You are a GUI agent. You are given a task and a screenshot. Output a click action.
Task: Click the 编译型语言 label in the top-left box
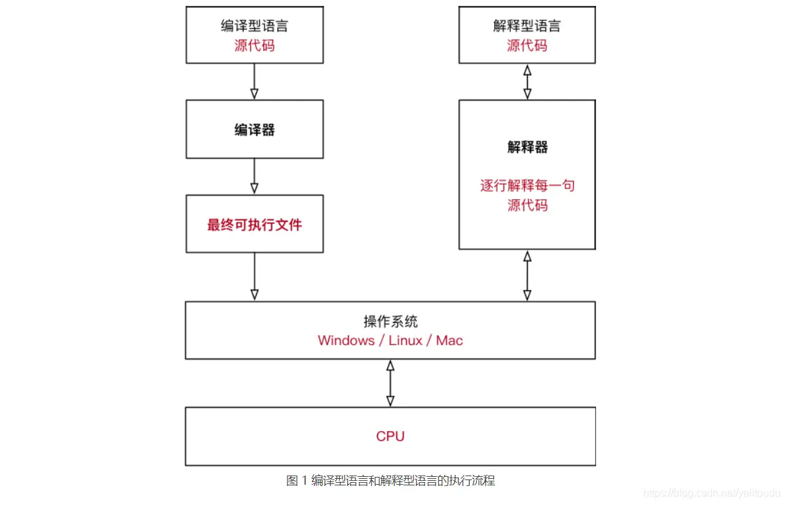click(x=254, y=26)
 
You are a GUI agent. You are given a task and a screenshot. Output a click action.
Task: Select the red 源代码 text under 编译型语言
click(x=254, y=46)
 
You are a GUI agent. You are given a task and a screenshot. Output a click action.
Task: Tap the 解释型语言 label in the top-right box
click(x=527, y=26)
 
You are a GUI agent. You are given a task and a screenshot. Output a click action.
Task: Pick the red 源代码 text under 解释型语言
click(x=527, y=46)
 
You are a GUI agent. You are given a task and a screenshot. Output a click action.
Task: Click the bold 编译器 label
click(x=254, y=130)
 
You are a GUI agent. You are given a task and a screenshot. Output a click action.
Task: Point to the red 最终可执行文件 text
click(x=254, y=225)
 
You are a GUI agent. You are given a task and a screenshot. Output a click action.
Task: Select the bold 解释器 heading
click(x=527, y=147)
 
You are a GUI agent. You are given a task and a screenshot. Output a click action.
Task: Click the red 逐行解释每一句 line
click(x=527, y=185)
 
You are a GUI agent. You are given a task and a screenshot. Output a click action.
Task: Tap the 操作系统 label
click(x=390, y=322)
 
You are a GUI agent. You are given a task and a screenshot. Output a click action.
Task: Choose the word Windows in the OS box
click(x=346, y=341)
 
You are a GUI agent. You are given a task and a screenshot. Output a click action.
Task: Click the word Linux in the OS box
click(x=405, y=341)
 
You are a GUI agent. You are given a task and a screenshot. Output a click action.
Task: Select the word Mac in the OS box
click(x=449, y=341)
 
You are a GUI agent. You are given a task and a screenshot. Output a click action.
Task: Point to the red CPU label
click(x=390, y=436)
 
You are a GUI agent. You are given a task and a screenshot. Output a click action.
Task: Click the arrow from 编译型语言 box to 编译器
click(x=254, y=82)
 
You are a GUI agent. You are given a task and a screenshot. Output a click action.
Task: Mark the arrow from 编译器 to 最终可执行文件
click(x=254, y=176)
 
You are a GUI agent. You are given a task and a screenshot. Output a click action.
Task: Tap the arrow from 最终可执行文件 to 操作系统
click(x=254, y=276)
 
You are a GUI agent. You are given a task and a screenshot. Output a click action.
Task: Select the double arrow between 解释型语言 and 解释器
click(x=527, y=82)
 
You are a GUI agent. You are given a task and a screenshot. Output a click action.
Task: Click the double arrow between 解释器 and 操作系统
click(x=527, y=276)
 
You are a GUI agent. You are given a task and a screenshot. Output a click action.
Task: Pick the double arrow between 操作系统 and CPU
click(x=390, y=383)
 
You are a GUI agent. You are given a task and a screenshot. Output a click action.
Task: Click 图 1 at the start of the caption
click(x=297, y=481)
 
